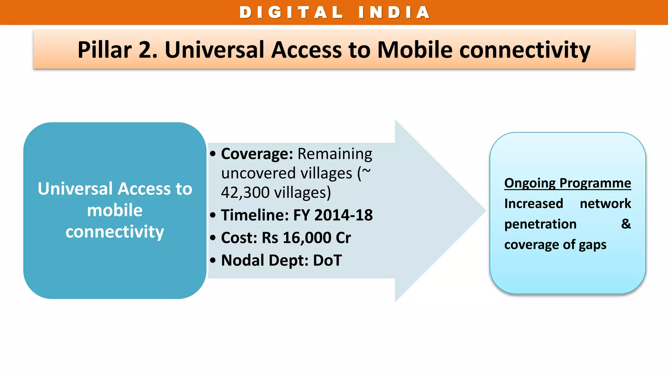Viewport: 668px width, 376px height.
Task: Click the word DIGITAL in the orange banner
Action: (x=291, y=13)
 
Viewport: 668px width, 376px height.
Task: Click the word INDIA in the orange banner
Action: (x=394, y=13)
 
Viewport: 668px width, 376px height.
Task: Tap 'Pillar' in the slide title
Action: (x=104, y=50)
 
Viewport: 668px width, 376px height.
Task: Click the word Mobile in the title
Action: (x=415, y=50)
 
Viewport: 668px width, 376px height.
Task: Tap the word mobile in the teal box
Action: (x=114, y=210)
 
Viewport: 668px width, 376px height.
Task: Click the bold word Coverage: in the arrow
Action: (x=257, y=154)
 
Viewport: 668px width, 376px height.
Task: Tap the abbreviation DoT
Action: (x=327, y=260)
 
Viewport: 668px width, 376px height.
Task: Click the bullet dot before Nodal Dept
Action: (x=213, y=260)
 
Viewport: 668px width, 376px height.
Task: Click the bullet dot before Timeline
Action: (x=213, y=215)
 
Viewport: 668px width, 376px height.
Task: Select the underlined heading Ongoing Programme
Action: (x=567, y=183)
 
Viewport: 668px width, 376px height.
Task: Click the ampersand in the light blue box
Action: (x=626, y=224)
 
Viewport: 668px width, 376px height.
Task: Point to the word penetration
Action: (x=540, y=224)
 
